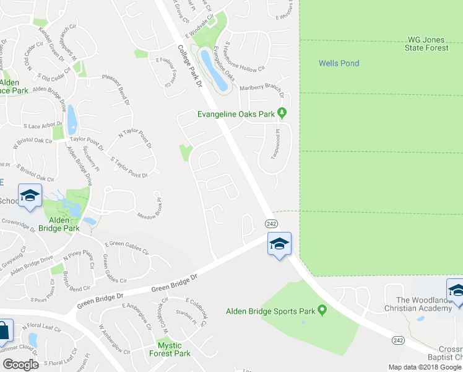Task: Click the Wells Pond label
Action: click(x=339, y=63)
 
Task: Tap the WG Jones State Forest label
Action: click(x=427, y=43)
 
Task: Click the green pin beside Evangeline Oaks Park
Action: click(x=282, y=112)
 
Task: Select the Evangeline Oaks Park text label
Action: click(x=236, y=113)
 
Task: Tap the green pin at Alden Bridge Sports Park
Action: click(x=321, y=311)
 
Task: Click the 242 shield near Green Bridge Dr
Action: click(x=271, y=223)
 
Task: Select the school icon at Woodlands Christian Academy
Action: click(x=456, y=290)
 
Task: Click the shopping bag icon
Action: click(x=3, y=332)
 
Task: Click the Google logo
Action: click(x=20, y=365)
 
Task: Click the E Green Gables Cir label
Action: click(x=127, y=249)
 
